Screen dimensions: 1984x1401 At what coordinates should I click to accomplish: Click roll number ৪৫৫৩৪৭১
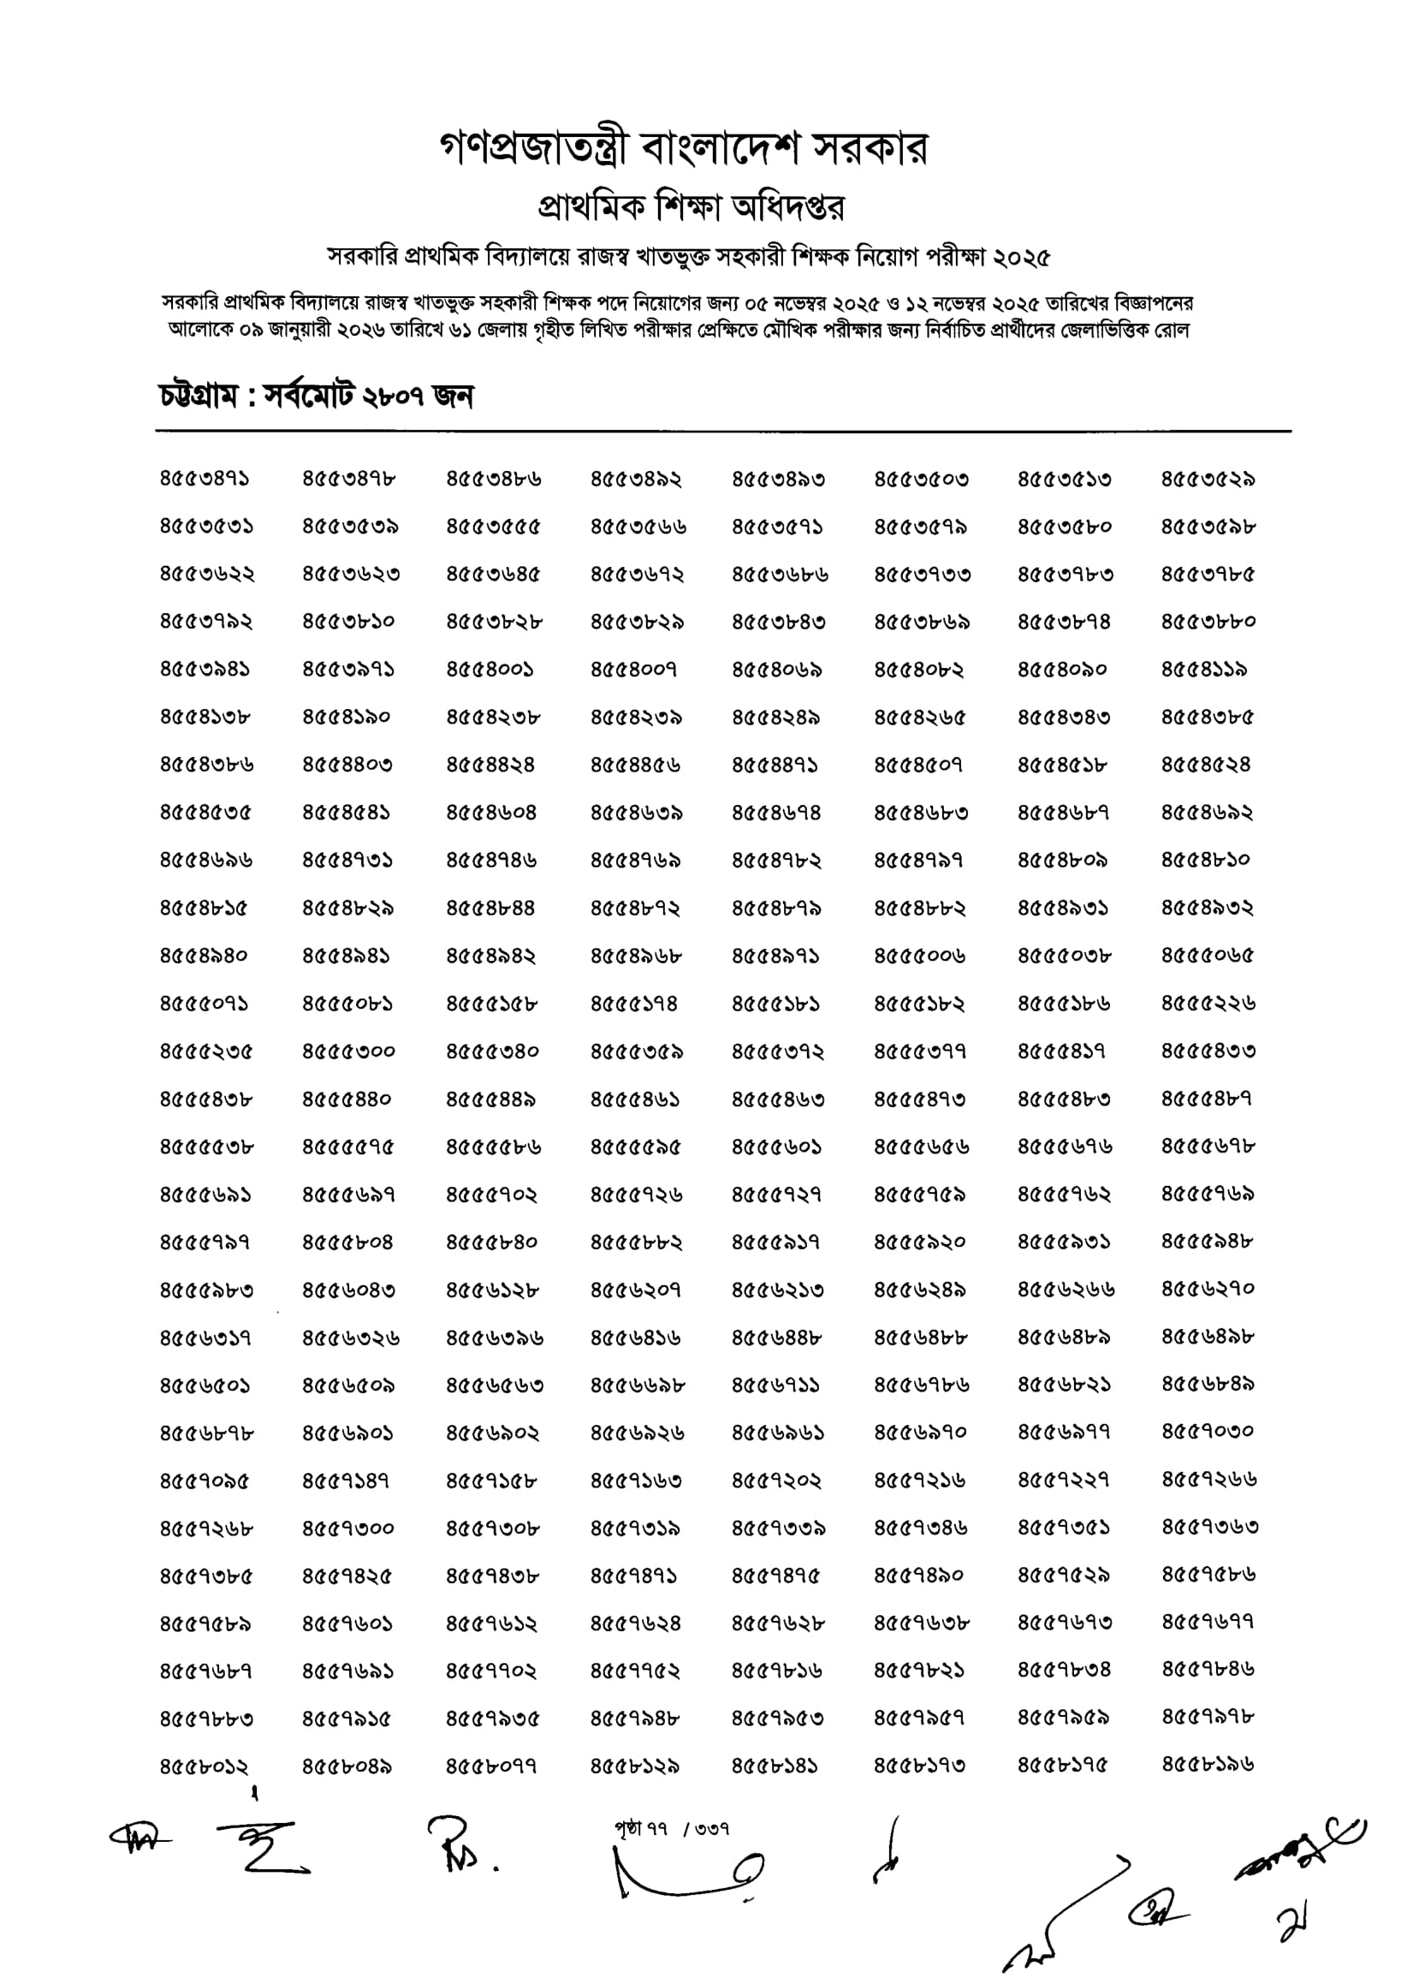(205, 479)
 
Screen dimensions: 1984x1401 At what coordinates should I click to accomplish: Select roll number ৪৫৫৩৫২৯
(1208, 479)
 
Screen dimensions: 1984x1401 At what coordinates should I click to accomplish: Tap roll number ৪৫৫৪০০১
(490, 670)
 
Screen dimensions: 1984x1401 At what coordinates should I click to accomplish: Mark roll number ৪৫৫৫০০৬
(920, 956)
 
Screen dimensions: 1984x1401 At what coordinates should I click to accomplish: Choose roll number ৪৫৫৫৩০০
(348, 1052)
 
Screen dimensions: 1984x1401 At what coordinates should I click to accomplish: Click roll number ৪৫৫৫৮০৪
(348, 1242)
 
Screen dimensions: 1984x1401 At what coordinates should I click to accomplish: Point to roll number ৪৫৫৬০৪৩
(348, 1290)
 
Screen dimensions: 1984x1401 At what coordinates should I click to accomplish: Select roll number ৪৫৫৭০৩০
(1208, 1432)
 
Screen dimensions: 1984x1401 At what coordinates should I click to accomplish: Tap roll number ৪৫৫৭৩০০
(348, 1528)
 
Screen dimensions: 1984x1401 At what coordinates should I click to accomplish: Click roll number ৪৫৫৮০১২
(205, 1767)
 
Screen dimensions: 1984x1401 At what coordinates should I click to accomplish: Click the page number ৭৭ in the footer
(655, 1829)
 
